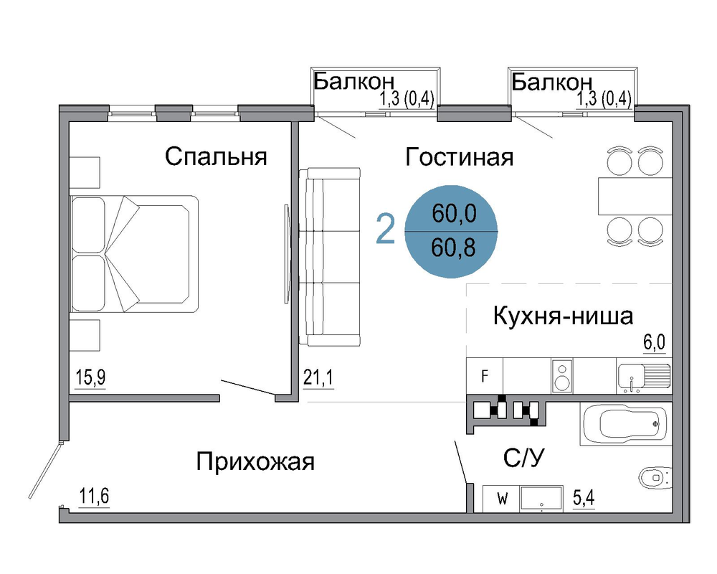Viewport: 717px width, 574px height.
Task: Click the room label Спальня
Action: (x=216, y=157)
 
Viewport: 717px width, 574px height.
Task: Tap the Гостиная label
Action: (x=459, y=157)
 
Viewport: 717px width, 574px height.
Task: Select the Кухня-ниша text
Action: (x=563, y=316)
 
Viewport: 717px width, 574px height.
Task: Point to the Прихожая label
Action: (x=255, y=461)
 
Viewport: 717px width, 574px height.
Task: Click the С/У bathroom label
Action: (x=524, y=458)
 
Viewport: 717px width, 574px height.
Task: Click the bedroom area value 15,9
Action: (x=90, y=377)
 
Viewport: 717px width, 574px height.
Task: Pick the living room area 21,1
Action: (x=318, y=378)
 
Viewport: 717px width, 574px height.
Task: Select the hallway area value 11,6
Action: (x=94, y=496)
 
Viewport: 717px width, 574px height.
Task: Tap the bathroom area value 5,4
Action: (x=584, y=497)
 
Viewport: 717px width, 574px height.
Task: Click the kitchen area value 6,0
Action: (x=655, y=342)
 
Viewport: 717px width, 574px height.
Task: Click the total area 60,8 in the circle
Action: (x=454, y=248)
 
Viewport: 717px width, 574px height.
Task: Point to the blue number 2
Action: (x=385, y=230)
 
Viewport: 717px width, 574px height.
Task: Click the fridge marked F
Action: (x=484, y=376)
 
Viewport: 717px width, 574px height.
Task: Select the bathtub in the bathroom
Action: (x=626, y=423)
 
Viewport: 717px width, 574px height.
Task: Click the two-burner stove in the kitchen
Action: (x=562, y=376)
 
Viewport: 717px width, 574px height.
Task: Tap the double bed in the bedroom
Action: (x=134, y=254)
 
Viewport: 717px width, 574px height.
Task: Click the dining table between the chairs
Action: (x=635, y=197)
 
